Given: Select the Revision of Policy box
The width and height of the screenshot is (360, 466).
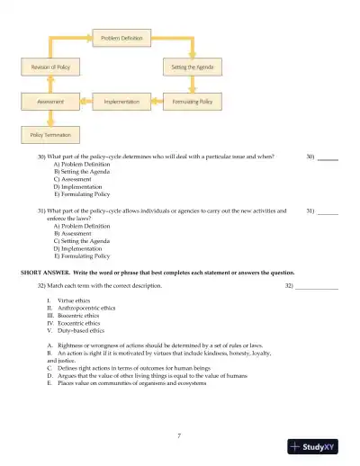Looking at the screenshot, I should tap(46, 67).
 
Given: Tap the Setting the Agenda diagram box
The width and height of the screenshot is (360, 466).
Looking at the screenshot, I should tap(192, 67).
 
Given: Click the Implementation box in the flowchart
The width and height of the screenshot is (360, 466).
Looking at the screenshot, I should tap(121, 103).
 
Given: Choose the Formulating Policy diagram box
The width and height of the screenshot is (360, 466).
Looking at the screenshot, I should tap(192, 103).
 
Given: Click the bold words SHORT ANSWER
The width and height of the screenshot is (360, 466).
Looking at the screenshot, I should tap(46, 271).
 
